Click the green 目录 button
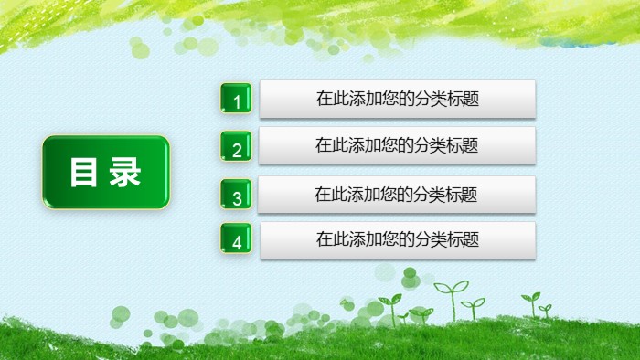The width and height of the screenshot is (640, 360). pos(106,173)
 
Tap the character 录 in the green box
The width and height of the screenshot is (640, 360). pos(126,173)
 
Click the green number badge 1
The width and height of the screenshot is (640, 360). pos(236,99)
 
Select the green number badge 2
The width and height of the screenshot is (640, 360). pos(236,147)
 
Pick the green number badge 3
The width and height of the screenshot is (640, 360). pos(236,196)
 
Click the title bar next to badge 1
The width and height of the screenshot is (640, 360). pos(397,99)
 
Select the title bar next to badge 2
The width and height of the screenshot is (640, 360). pos(397,144)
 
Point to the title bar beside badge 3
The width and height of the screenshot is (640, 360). pos(397,194)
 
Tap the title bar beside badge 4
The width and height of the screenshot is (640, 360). pos(397,239)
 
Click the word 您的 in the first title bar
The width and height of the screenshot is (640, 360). pos(398,99)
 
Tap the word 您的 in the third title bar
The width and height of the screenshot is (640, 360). pos(397,194)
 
